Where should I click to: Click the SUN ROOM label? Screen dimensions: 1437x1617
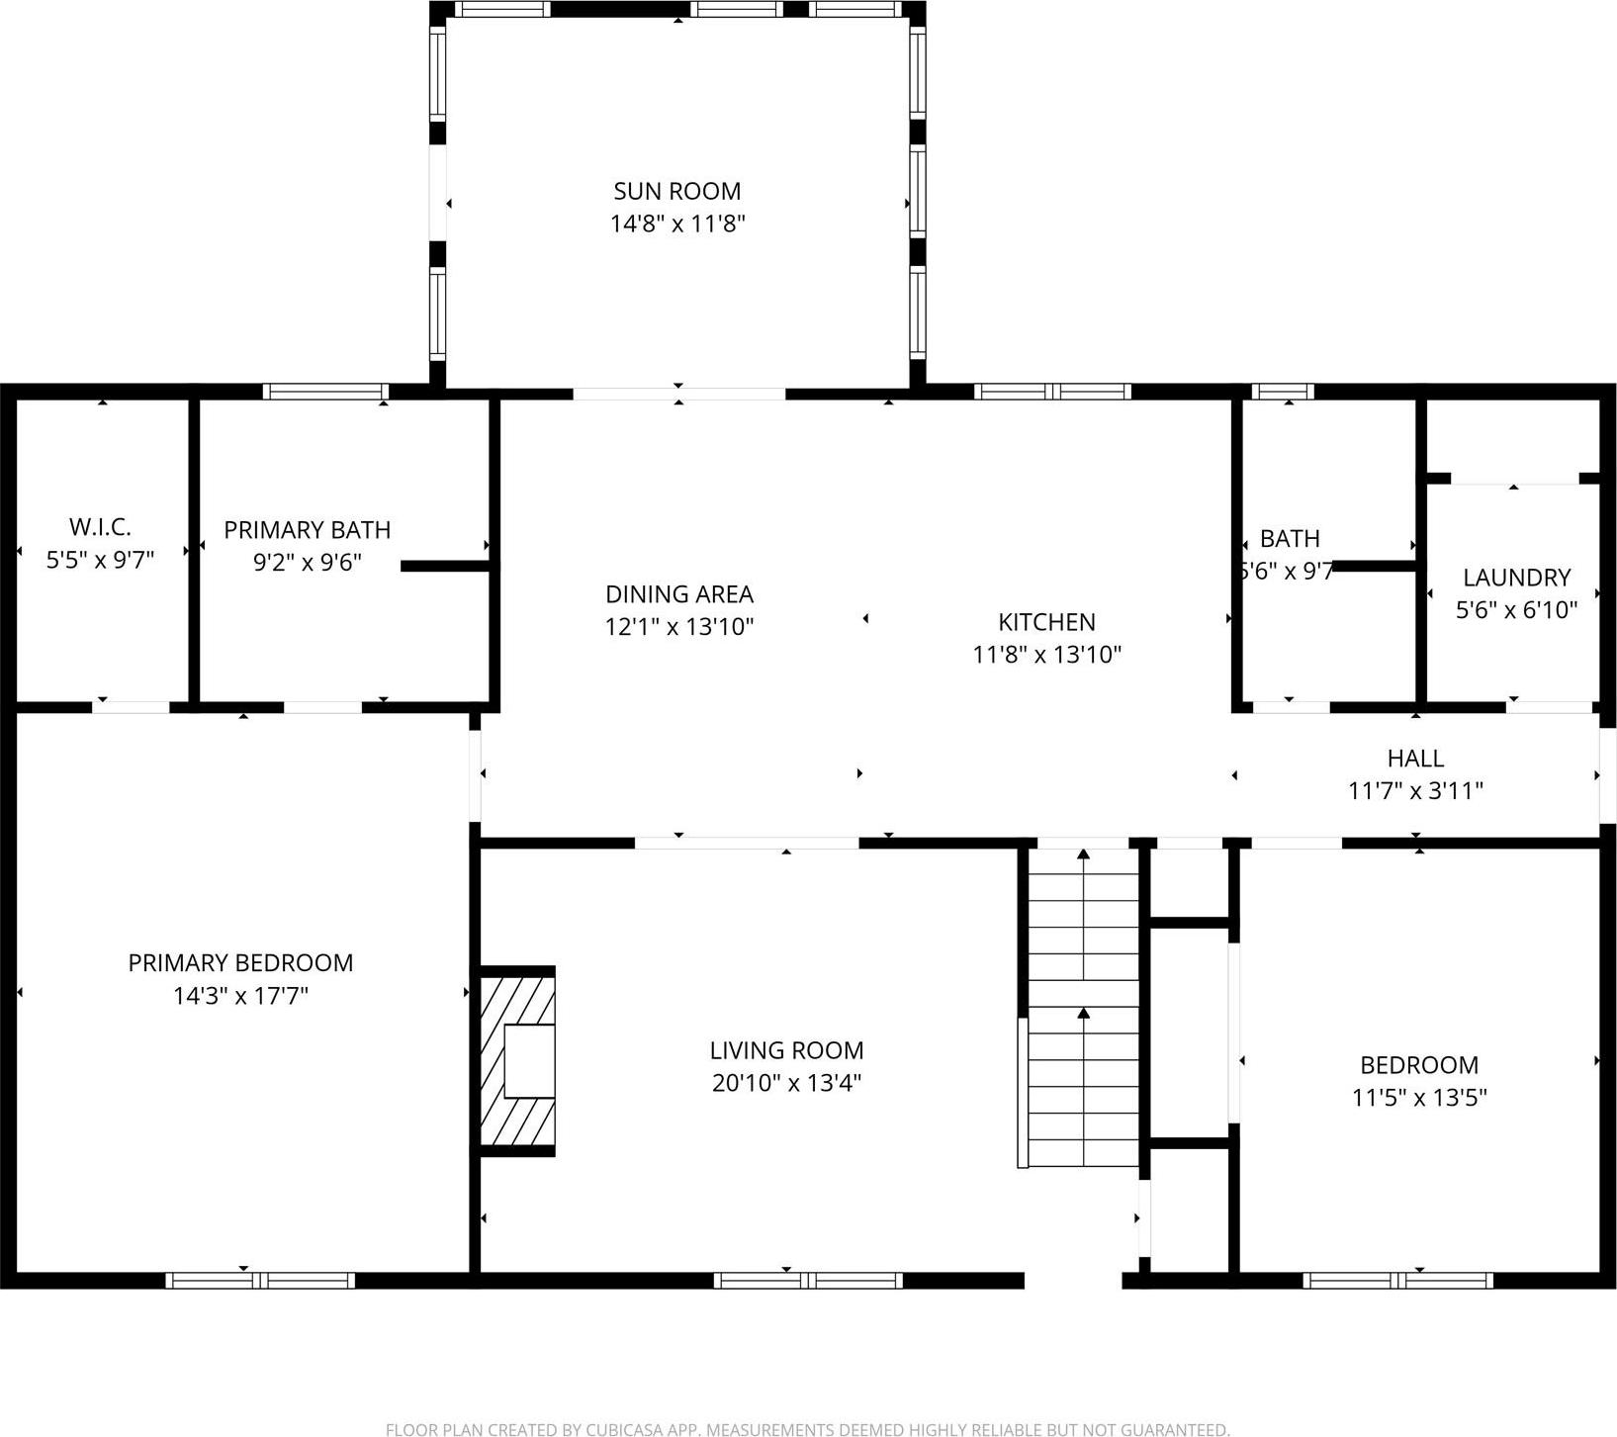click(x=676, y=191)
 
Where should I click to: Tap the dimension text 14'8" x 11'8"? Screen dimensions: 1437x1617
click(x=676, y=224)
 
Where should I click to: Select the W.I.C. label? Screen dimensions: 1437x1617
click(x=100, y=527)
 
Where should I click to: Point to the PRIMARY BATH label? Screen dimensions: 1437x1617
click(x=307, y=530)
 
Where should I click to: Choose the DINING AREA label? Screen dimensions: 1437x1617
click(x=679, y=594)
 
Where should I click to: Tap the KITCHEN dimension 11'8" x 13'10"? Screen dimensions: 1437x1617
click(x=1046, y=655)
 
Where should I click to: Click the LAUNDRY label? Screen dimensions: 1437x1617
click(x=1516, y=578)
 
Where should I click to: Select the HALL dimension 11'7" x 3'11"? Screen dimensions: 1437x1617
click(x=1415, y=791)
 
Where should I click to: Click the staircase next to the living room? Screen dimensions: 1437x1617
click(x=1084, y=1009)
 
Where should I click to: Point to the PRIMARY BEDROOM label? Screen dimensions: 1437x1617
click(x=240, y=963)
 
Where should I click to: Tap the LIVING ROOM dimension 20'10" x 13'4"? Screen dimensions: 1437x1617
click(x=786, y=1083)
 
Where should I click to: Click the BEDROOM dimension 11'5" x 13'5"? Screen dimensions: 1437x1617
click(x=1419, y=1098)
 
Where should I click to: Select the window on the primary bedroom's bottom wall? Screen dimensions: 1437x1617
click(x=259, y=1280)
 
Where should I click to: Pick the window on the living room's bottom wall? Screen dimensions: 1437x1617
click(x=808, y=1280)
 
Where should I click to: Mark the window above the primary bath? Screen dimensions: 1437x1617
click(x=325, y=392)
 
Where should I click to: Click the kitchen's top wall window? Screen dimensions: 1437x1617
click(x=1052, y=392)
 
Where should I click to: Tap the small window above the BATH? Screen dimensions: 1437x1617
click(x=1283, y=392)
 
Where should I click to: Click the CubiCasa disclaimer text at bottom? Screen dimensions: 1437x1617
click(x=807, y=1429)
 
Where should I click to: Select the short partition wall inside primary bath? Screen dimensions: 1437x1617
click(x=445, y=566)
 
